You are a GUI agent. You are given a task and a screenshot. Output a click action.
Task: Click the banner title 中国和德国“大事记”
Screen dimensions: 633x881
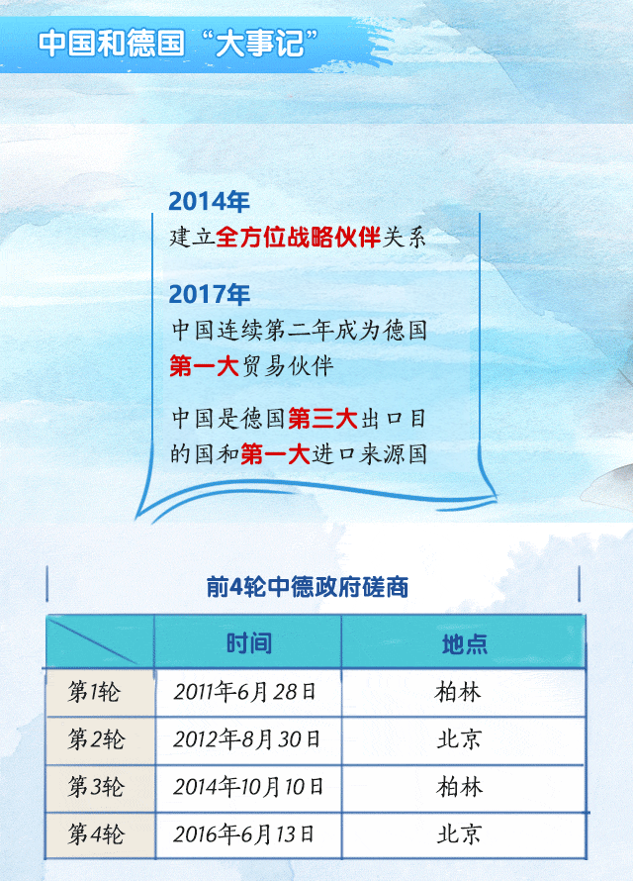pos(178,44)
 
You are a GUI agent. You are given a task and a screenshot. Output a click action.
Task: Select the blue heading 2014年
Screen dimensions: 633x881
pos(209,201)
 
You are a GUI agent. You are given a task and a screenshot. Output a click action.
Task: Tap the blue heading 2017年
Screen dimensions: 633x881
pos(209,294)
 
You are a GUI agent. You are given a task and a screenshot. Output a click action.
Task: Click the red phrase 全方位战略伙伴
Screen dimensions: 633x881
pos(298,238)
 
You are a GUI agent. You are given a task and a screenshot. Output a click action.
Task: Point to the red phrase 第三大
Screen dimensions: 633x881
pos(322,419)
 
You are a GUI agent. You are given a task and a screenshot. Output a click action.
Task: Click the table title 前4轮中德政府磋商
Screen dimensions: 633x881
pos(307,587)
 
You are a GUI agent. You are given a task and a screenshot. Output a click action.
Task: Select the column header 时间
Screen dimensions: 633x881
pos(248,642)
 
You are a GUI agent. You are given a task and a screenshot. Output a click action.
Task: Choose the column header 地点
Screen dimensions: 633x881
pos(464,643)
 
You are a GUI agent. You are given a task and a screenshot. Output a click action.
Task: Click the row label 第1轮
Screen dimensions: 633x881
pos(94,692)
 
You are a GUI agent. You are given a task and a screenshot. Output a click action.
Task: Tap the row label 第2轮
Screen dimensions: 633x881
pos(95,739)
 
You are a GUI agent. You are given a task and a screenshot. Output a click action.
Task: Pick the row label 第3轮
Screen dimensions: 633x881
pos(95,787)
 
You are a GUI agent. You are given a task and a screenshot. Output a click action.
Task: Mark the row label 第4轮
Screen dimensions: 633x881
pos(95,834)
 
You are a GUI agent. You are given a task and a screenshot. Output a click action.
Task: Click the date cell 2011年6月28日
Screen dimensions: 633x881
pos(244,692)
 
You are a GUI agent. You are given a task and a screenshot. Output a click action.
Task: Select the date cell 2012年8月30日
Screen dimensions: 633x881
pos(246,739)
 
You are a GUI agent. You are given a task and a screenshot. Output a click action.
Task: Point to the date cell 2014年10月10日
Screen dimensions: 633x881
pos(248,787)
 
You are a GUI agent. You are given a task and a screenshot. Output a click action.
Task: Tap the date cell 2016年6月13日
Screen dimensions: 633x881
pos(243,834)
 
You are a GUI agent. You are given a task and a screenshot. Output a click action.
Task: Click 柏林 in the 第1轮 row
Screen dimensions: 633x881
pos(458,692)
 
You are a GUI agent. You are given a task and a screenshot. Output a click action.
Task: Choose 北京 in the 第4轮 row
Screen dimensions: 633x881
pos(460,834)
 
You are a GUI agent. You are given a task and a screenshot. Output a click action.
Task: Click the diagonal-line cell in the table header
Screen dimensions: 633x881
pos(100,641)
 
